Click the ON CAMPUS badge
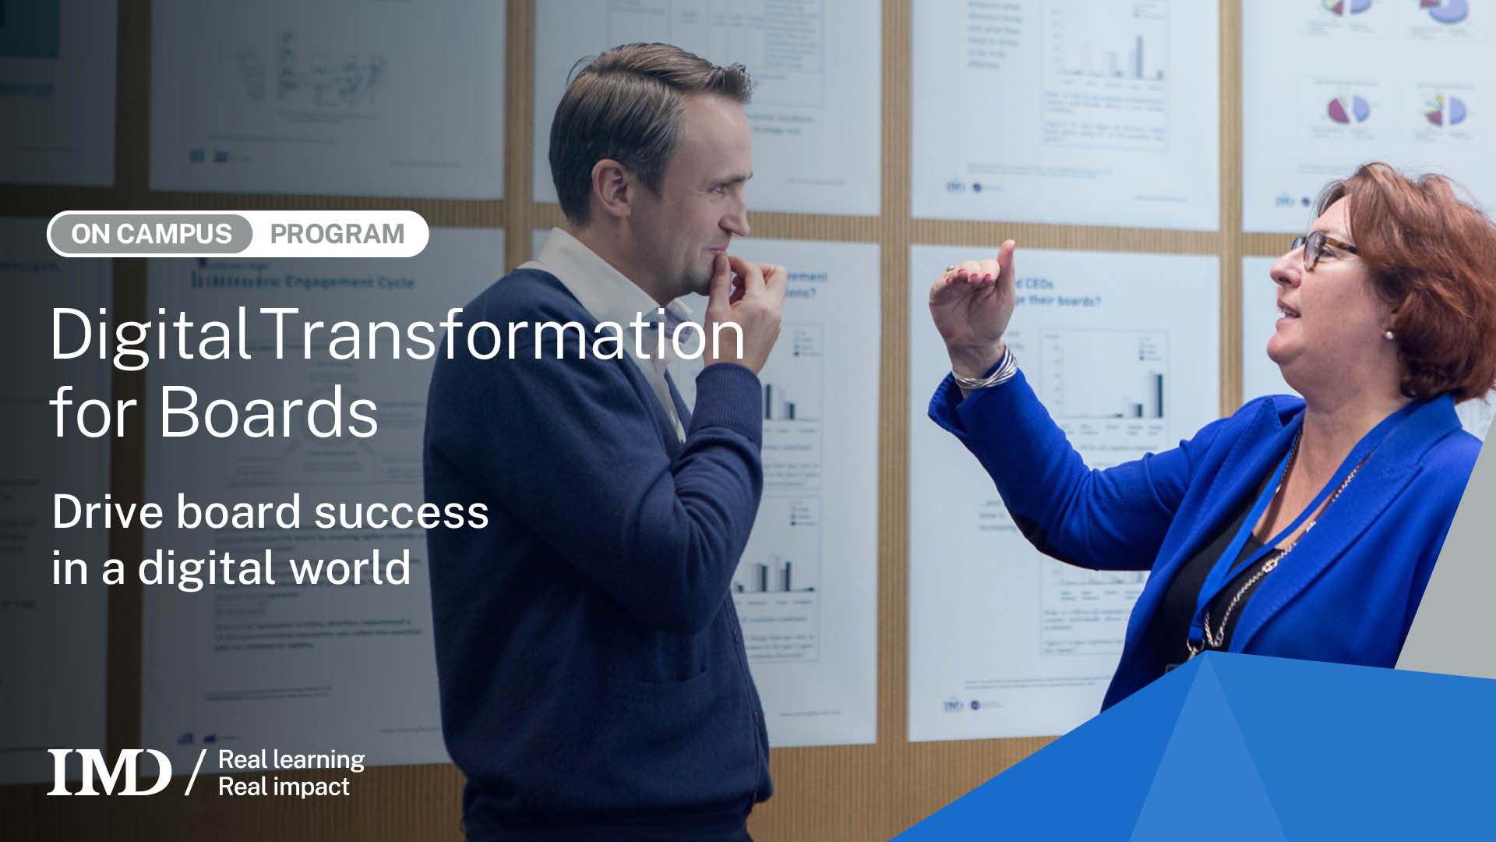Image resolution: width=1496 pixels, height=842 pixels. pos(151,234)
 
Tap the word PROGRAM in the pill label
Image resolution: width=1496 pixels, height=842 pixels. pos(337,234)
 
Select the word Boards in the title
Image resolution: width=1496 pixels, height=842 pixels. pos(268,412)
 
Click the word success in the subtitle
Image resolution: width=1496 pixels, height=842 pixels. pos(401,512)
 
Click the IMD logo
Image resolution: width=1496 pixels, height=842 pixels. pos(109,772)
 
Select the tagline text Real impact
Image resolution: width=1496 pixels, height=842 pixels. pos(284,787)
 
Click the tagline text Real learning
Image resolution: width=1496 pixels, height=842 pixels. pos(291,759)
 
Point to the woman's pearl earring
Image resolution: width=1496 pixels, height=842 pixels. pos(1388,335)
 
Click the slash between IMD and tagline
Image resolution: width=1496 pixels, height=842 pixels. pos(195,772)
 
